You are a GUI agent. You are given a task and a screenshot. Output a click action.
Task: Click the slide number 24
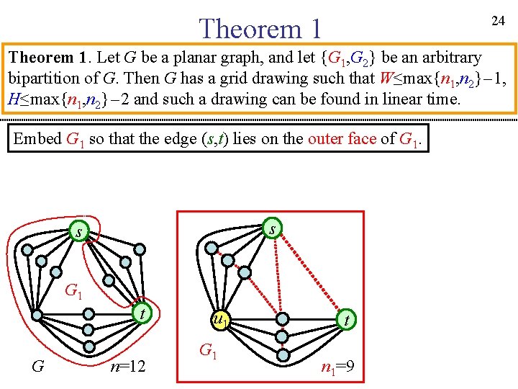[498, 21]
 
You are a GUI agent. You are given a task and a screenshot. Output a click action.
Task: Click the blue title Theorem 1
[260, 29]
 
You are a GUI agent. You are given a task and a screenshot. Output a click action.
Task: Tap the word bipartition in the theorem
[42, 79]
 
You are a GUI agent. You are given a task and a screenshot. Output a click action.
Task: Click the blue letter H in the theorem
[14, 99]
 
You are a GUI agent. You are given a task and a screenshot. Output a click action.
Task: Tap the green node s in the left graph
[77, 231]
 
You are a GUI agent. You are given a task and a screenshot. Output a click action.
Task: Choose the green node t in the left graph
[144, 314]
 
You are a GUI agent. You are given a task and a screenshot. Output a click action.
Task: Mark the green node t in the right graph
[347, 318]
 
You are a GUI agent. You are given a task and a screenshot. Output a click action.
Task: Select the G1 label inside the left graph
[73, 292]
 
